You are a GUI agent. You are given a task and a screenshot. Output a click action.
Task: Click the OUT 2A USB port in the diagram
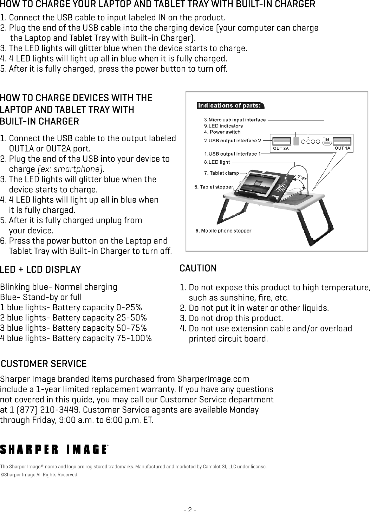[281, 141]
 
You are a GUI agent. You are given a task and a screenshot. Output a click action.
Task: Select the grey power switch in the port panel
[296, 141]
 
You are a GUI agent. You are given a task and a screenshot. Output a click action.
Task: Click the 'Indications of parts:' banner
[230, 105]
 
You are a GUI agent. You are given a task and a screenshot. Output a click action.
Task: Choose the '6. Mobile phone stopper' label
[223, 231]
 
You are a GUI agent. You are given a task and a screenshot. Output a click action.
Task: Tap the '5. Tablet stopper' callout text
[214, 187]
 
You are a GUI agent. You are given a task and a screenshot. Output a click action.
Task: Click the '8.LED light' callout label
[217, 162]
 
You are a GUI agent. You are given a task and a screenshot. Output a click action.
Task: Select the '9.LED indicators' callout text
[223, 126]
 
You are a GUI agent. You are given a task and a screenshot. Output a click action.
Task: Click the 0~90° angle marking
[301, 176]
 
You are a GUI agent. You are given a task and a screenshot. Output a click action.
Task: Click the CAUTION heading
[198, 268]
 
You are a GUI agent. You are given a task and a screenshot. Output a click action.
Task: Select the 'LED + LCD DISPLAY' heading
[40, 270]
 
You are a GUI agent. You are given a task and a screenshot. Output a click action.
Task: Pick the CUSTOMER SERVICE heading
[44, 363]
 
